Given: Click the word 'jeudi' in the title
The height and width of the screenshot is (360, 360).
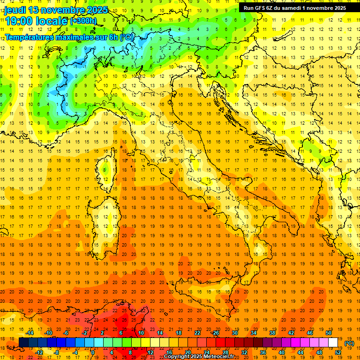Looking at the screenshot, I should coord(16,10).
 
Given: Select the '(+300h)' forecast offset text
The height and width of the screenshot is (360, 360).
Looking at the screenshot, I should coord(83,21).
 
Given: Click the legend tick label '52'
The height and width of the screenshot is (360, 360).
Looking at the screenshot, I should coord(337,352).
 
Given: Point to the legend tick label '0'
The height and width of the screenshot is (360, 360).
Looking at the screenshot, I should coord(93,352).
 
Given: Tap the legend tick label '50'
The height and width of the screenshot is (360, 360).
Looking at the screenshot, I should coord(328,333).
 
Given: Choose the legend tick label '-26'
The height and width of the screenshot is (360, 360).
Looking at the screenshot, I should coord(215,333).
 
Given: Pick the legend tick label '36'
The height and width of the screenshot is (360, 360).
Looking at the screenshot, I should coord(262,352).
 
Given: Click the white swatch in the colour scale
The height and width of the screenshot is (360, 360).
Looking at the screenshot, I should coord(333,343).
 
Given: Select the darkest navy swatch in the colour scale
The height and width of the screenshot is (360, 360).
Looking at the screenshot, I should coord(23,343).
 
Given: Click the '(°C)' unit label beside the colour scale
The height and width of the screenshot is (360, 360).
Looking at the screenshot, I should coord(349,343).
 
